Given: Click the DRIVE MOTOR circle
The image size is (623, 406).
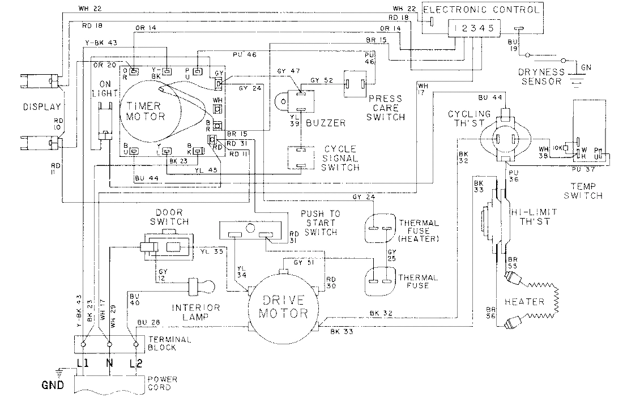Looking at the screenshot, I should [283, 306].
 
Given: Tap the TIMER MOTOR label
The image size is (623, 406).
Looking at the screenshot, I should [146, 110].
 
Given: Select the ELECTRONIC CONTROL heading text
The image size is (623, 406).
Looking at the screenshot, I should [481, 9].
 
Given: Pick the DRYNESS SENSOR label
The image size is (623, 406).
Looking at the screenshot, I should [541, 76].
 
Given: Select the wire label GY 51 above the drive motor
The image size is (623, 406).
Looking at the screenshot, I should [303, 262].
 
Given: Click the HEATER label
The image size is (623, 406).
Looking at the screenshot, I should [527, 302].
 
